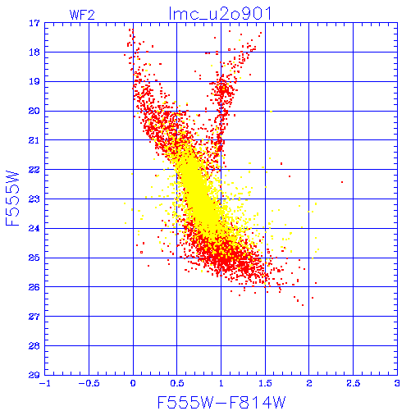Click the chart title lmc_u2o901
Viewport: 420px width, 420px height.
[x=221, y=14]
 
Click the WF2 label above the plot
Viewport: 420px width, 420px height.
[x=82, y=15]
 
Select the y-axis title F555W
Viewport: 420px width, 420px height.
[x=12, y=199]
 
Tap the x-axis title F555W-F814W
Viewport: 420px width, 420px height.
[x=221, y=402]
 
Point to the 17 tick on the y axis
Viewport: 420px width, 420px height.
[x=34, y=23]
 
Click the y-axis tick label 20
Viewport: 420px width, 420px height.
[x=34, y=111]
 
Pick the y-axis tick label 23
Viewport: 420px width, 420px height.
[x=34, y=199]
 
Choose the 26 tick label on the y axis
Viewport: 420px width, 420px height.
[x=34, y=287]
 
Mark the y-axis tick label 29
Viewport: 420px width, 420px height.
[x=34, y=375]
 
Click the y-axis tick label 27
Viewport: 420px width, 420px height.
[x=34, y=317]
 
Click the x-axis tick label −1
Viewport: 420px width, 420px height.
[x=45, y=383]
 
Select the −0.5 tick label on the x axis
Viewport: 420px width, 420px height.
[x=89, y=383]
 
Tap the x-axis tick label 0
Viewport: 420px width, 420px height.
[x=133, y=383]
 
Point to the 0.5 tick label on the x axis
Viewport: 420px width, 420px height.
[x=177, y=383]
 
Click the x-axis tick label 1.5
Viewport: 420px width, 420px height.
[x=265, y=383]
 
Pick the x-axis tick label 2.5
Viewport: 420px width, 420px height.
[x=354, y=383]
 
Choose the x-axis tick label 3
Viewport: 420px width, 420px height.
[x=397, y=383]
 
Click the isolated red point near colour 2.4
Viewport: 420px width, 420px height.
[x=342, y=182]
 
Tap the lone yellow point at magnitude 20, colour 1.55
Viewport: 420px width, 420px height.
[x=271, y=112]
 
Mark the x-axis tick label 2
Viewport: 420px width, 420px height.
[x=309, y=383]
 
